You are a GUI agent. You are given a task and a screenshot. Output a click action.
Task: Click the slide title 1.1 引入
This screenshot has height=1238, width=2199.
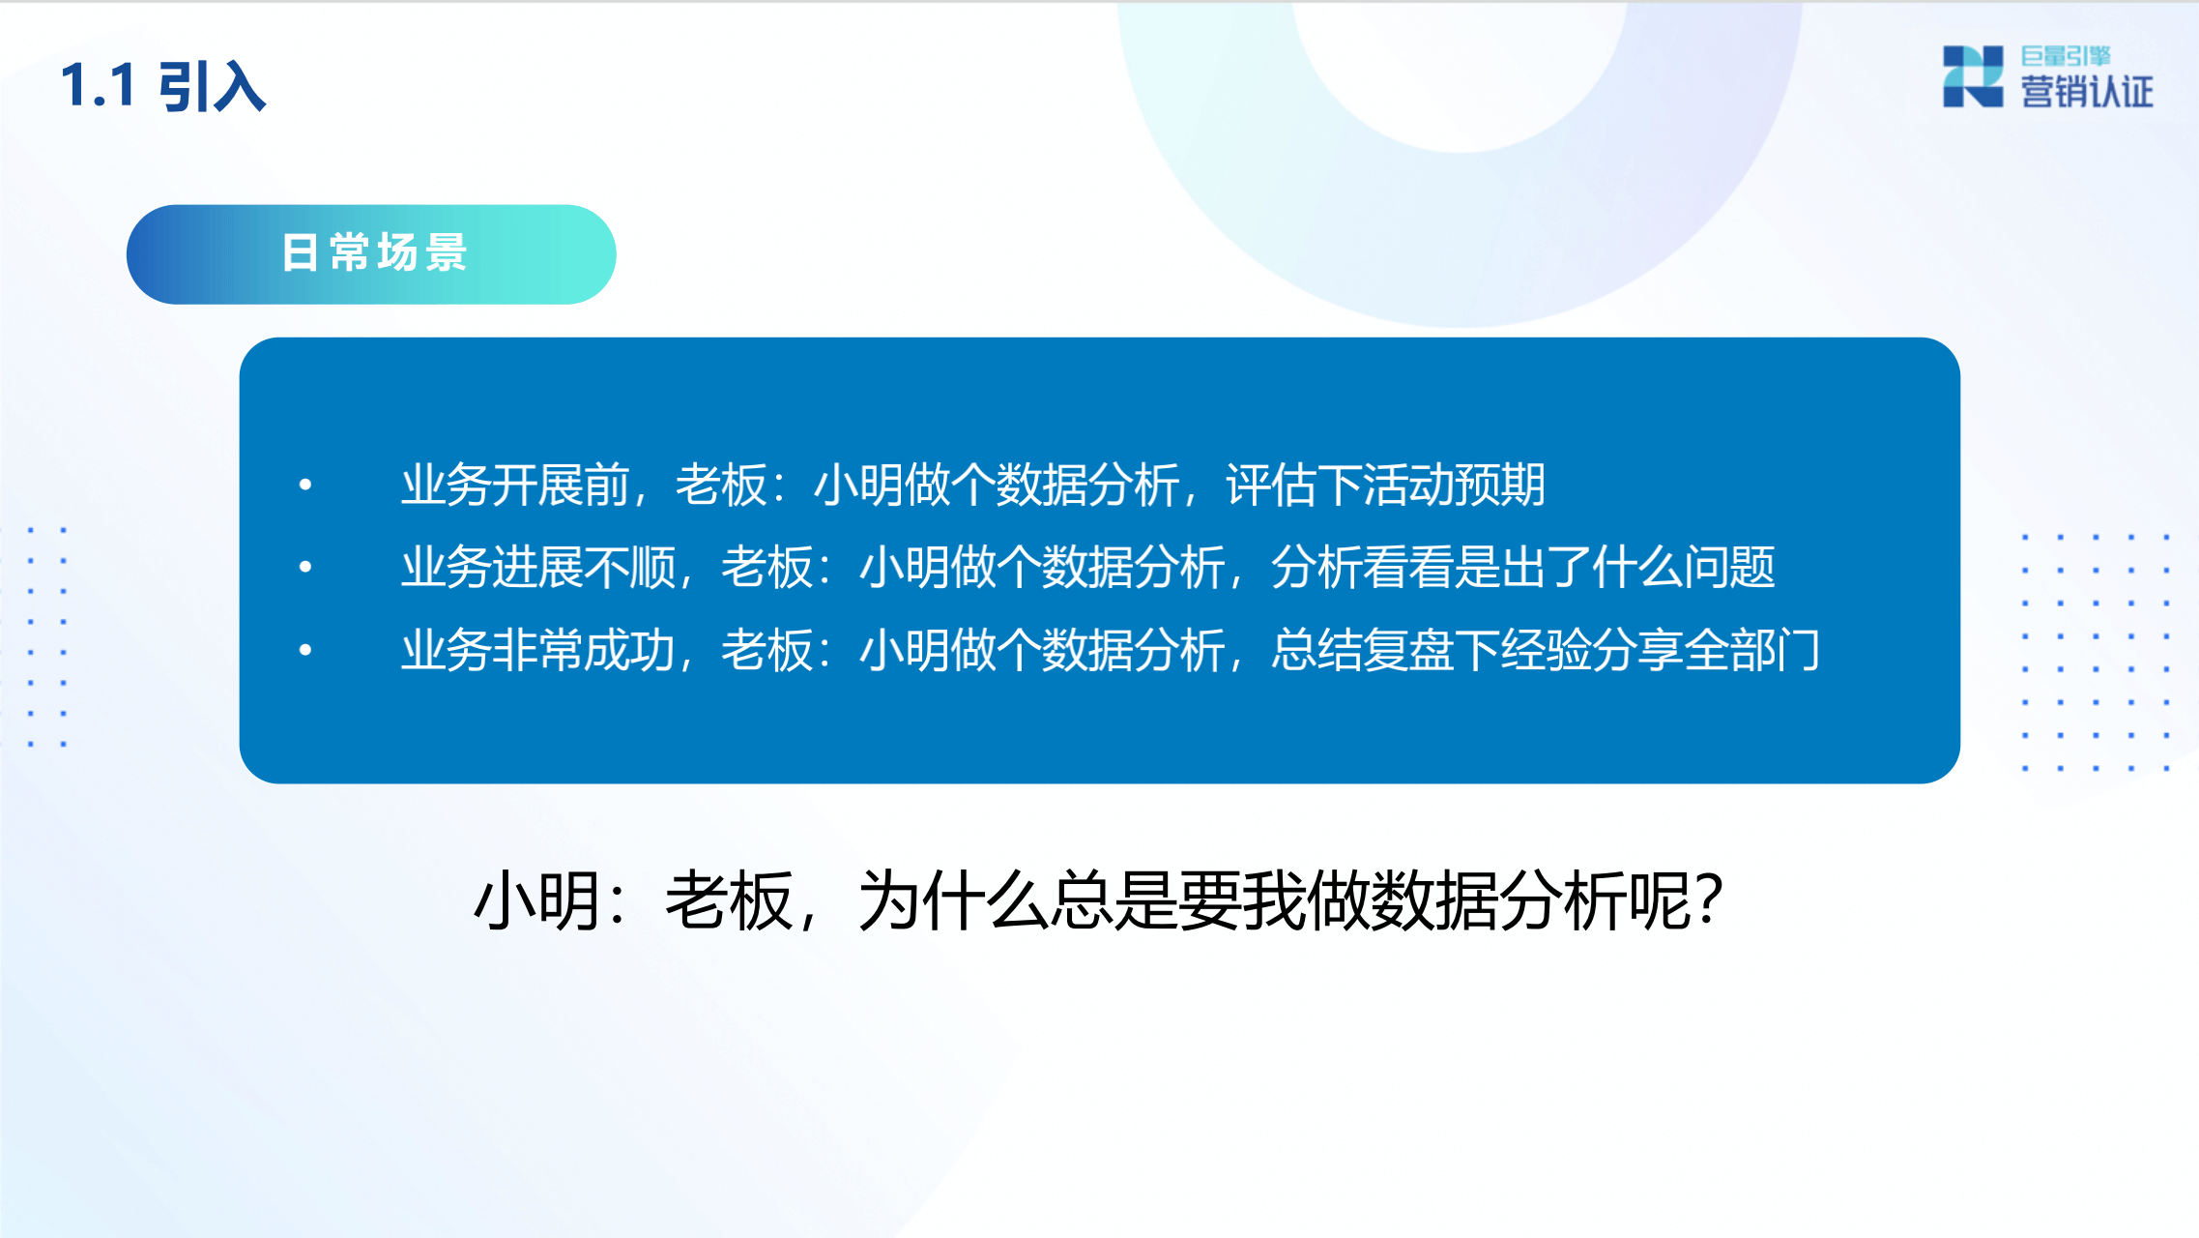coord(162,86)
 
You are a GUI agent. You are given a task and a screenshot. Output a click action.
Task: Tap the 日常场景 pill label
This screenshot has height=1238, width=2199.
coord(374,253)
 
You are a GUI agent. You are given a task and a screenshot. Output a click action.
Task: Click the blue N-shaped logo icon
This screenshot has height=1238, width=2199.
coord(1972,76)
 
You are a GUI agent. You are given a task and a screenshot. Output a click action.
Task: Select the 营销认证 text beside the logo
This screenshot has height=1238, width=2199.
coord(2087,93)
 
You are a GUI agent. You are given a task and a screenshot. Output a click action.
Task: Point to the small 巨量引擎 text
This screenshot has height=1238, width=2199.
coord(2066,56)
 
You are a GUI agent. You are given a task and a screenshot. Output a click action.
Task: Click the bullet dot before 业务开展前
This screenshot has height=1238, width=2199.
coord(305,485)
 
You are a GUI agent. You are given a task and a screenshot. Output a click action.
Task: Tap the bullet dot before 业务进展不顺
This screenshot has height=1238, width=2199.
coord(305,567)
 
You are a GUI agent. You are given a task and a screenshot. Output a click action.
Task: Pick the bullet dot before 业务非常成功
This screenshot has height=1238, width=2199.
coord(305,650)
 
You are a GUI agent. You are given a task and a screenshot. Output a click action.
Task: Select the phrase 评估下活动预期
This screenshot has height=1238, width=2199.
coord(1385,485)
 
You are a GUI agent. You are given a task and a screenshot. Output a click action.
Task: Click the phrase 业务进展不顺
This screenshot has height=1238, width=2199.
coord(538,567)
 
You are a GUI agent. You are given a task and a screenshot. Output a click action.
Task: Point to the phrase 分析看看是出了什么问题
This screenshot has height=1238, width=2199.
coord(1523,567)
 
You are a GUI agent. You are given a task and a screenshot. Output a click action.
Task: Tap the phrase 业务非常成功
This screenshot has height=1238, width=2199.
coord(538,650)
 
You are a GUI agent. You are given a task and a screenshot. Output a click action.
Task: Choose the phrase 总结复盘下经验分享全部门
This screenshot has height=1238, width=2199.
coord(1546,650)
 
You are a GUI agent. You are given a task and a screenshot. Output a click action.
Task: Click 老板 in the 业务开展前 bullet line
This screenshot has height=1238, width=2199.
coord(720,485)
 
